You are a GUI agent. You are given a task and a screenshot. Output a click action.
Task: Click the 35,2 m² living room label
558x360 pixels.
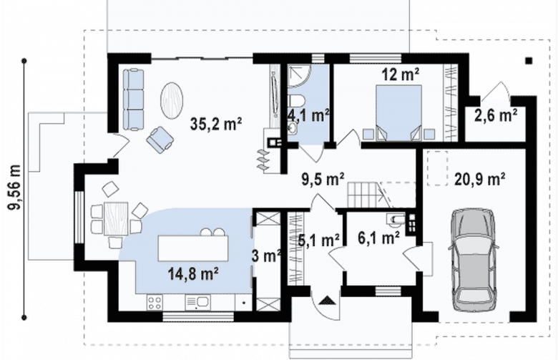coord(216,124)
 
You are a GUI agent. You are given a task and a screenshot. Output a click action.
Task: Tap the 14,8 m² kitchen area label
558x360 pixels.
coord(193,274)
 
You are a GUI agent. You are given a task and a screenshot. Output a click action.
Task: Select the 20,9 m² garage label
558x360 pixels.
coord(480,179)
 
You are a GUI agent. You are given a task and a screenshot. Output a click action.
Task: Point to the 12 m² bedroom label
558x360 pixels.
coord(401,74)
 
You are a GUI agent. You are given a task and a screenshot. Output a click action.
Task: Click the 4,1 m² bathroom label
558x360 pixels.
coord(308,116)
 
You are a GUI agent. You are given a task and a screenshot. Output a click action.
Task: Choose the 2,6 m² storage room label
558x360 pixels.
coord(496,115)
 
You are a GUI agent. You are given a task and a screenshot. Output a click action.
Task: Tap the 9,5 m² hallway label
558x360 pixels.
coord(323,179)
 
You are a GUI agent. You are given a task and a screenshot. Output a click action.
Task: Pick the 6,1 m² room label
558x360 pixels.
coord(378,238)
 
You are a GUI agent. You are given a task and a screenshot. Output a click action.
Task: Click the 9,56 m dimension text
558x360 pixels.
coord(15,188)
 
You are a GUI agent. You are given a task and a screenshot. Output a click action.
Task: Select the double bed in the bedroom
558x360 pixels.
coord(399,113)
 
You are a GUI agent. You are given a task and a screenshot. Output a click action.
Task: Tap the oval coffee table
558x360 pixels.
coord(172,101)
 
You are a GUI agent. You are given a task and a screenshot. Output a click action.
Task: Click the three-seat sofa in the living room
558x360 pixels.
coord(134,99)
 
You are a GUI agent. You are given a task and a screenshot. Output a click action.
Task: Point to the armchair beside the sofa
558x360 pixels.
coord(160,140)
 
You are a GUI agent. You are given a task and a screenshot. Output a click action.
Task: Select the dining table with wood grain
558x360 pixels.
coord(116,218)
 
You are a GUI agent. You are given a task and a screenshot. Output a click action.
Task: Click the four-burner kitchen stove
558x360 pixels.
coord(155,303)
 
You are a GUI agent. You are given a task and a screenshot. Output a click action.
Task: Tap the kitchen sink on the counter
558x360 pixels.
coord(197,303)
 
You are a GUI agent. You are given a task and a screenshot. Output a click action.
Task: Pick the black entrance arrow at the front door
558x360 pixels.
coord(328,301)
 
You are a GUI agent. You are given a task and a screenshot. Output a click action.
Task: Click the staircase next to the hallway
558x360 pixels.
coord(370,195)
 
